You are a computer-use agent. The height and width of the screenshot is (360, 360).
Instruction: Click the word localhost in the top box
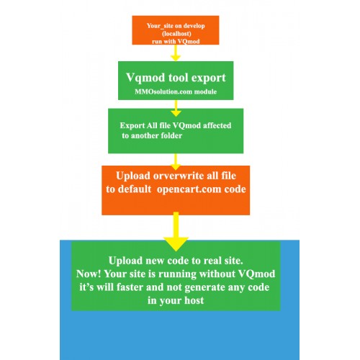point(176,34)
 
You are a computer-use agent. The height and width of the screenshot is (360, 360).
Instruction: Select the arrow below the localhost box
point(176,53)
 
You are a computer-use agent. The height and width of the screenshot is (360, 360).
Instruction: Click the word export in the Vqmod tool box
point(209,78)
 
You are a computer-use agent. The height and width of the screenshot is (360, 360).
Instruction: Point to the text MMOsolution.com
point(163,91)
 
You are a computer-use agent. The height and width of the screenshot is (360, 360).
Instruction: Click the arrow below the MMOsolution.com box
point(176,108)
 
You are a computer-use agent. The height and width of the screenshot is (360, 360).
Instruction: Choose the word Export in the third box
point(132,126)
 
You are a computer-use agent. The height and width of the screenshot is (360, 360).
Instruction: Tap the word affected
point(217,125)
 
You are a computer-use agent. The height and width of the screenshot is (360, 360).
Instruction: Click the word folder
point(171,135)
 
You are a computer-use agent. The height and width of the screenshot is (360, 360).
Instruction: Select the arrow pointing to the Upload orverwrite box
point(176,162)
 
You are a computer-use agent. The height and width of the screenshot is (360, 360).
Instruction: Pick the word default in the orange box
point(135,189)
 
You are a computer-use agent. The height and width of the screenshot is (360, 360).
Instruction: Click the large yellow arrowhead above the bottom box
point(176,243)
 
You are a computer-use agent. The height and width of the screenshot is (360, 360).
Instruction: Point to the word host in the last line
point(194,300)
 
